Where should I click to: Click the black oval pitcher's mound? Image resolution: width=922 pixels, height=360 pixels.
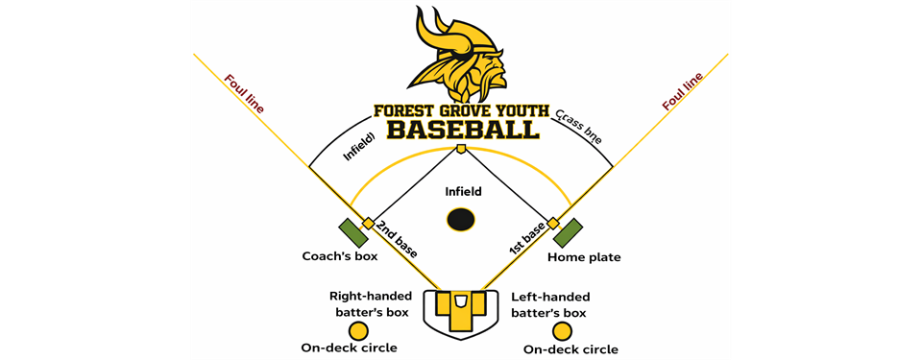coord(461,220)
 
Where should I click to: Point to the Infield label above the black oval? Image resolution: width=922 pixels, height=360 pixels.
coord(462,192)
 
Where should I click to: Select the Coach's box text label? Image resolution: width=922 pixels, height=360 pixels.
coord(340,256)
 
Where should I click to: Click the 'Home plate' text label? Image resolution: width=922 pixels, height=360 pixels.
coord(584,257)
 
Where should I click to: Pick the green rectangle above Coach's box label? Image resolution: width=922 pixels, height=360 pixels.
coord(352,232)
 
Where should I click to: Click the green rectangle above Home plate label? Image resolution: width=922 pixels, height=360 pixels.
coord(568,232)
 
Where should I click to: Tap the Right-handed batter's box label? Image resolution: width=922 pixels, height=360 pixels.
coord(370,304)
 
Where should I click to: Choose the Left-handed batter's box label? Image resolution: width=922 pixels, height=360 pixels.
coord(550,304)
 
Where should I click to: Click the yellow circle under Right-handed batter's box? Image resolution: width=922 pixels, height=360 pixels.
coord(358,330)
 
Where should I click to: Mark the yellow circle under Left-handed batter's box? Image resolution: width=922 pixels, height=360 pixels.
coord(563,330)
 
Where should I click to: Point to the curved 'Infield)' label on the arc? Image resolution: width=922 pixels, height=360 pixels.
coord(357,142)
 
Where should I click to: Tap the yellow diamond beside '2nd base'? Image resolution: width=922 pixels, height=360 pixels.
coord(369,224)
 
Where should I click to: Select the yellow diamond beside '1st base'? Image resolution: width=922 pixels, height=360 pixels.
coord(553,223)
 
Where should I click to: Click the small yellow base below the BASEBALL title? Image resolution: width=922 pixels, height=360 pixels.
coord(461,149)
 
